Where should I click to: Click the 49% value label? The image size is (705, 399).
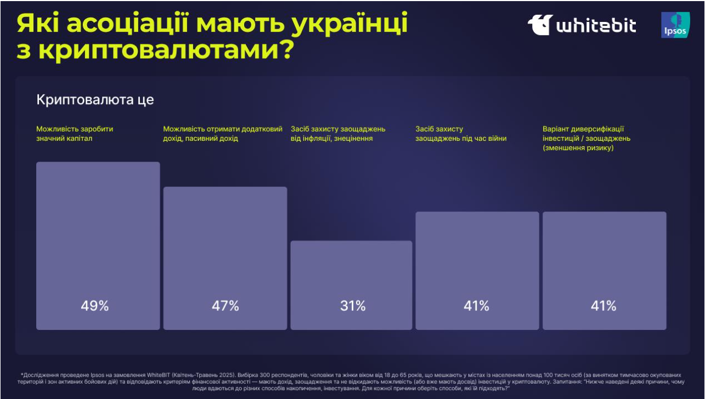[x=95, y=306]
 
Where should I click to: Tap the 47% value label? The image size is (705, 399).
[x=225, y=306]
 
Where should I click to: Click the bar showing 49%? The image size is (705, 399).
[x=98, y=230]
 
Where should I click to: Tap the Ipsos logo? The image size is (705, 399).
[x=674, y=25]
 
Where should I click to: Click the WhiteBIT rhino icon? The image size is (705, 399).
[x=540, y=25]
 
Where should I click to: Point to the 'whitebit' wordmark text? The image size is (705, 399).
[x=596, y=26]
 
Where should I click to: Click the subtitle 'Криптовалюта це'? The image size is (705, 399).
[x=95, y=100]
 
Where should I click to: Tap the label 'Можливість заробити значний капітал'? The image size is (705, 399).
[x=75, y=134]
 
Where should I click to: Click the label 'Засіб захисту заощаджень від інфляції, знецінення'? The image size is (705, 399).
[x=338, y=134]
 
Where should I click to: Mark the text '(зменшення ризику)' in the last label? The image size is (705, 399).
[x=578, y=148]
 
